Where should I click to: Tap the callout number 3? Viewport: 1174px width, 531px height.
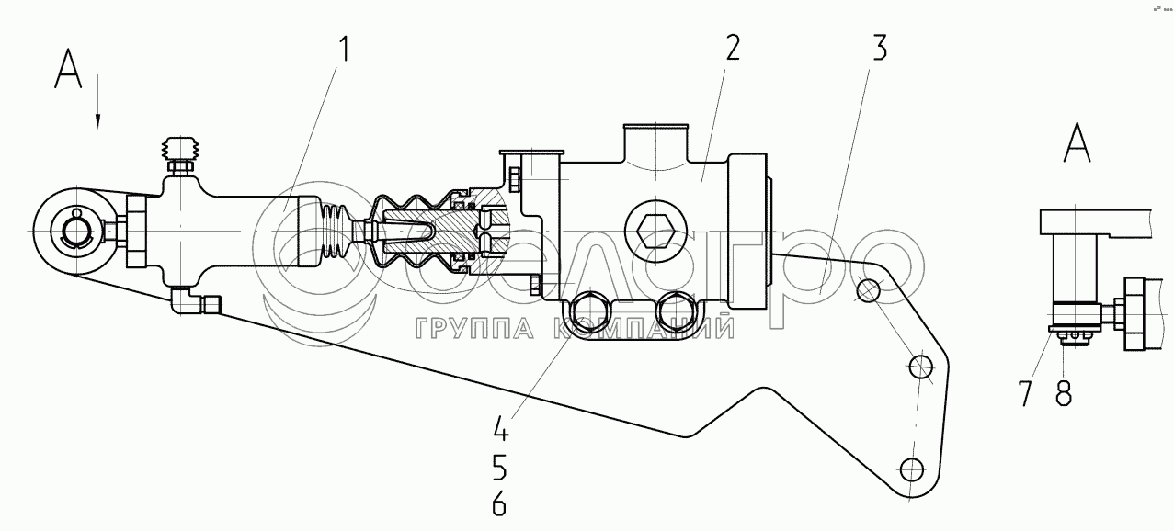pyautogui.click(x=878, y=49)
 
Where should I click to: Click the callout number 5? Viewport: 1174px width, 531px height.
pyautogui.click(x=499, y=469)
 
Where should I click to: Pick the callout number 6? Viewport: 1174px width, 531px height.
pyautogui.click(x=499, y=504)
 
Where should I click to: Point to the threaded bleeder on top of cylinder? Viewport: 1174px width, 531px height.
pyautogui.click(x=181, y=152)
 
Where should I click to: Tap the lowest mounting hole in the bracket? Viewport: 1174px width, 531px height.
pyautogui.click(x=911, y=469)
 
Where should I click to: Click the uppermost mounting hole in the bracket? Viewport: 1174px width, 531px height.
pyautogui.click(x=868, y=290)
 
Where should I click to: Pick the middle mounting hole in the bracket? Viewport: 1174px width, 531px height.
pyautogui.click(x=920, y=368)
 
